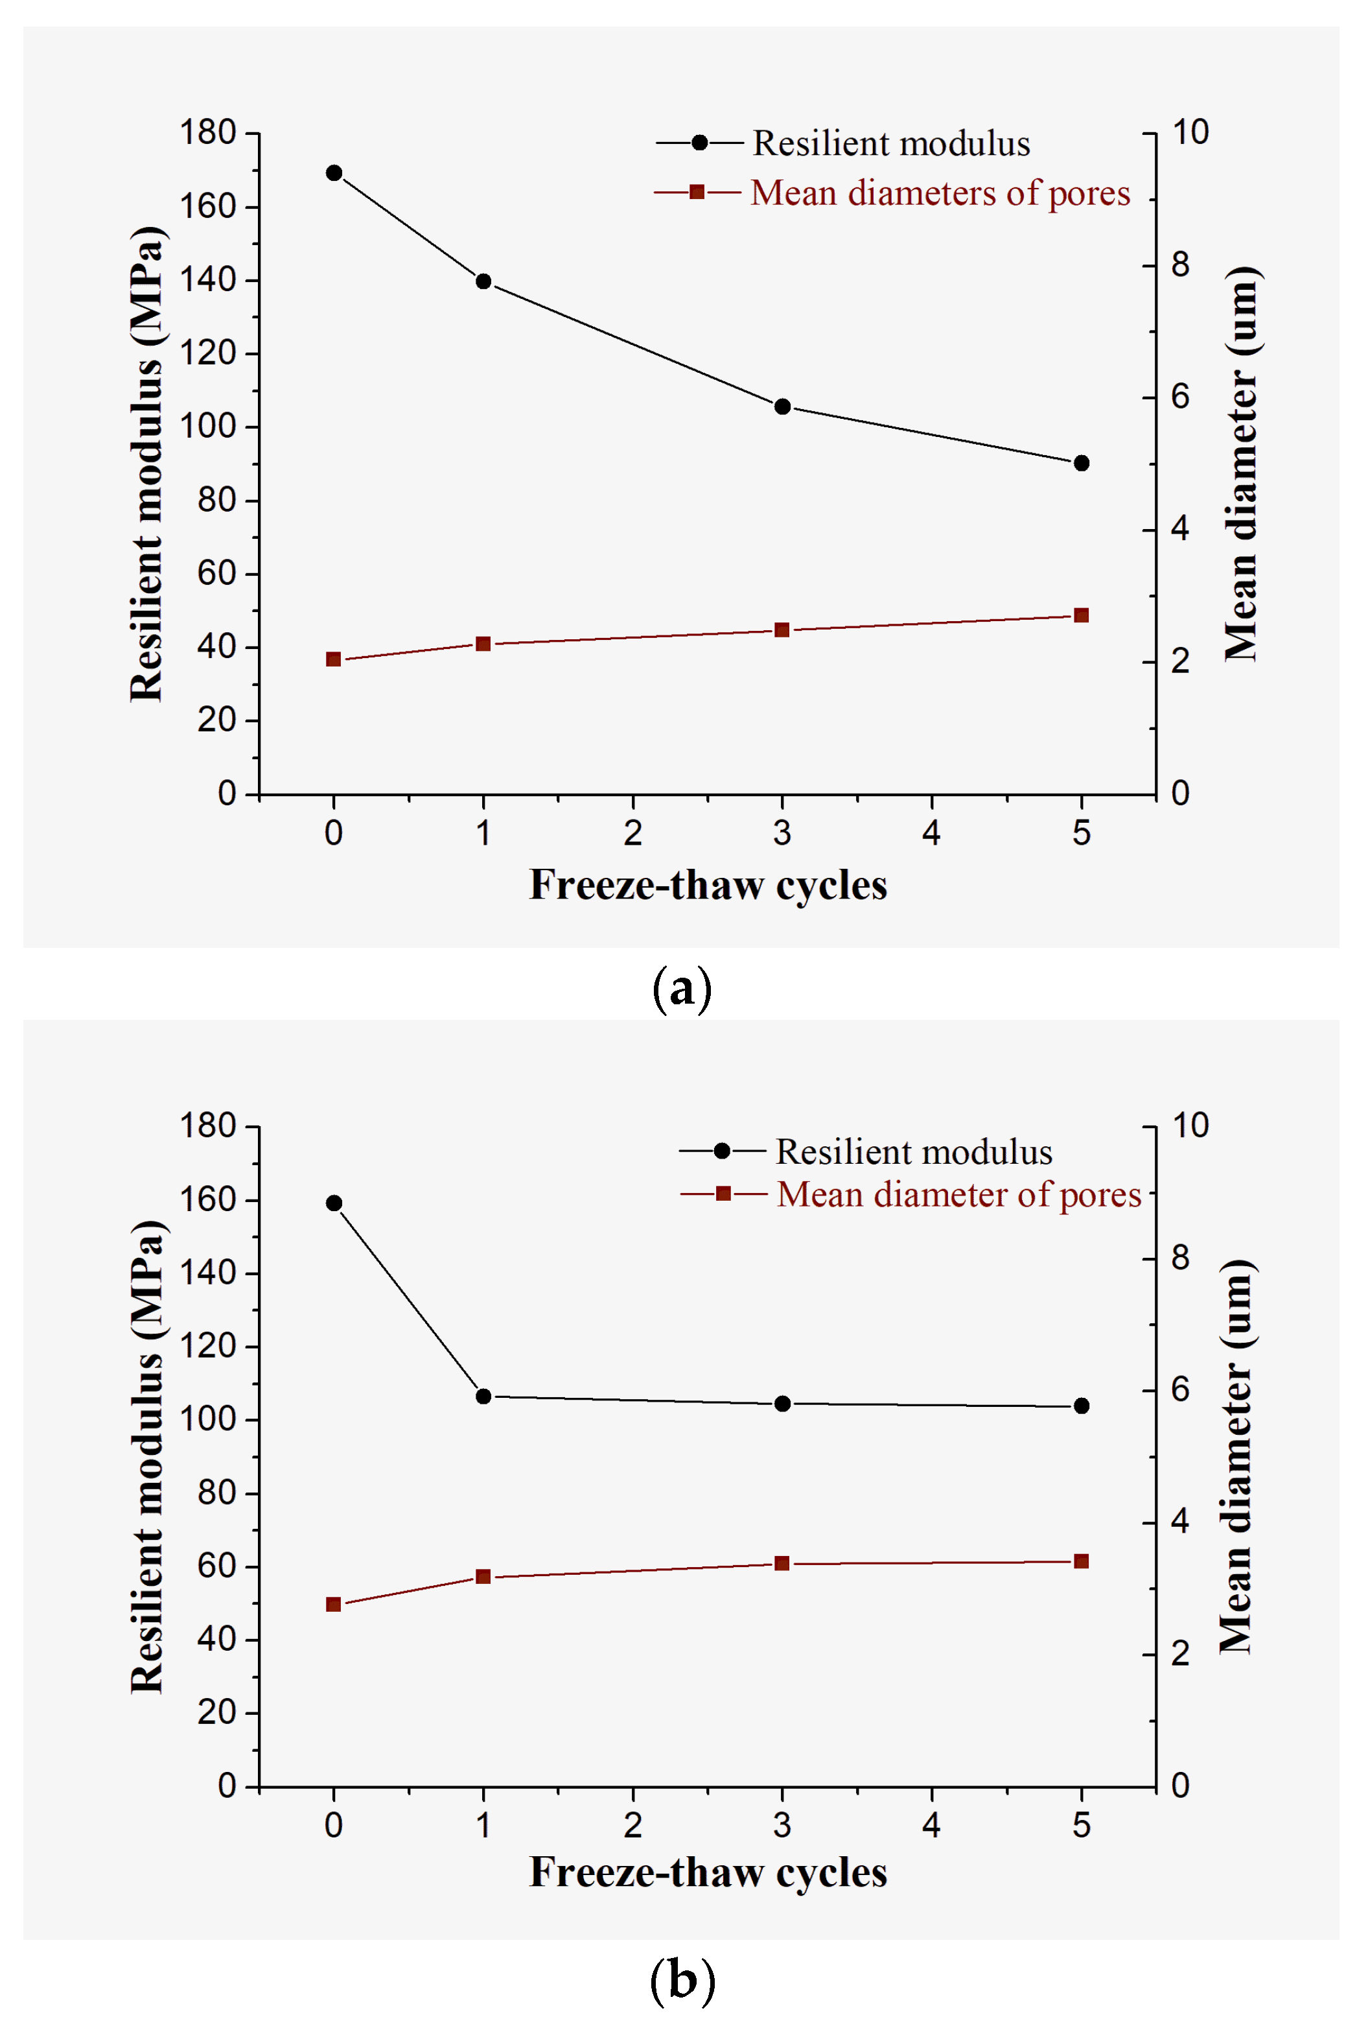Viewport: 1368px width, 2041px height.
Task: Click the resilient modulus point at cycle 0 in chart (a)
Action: pyautogui.click(x=333, y=172)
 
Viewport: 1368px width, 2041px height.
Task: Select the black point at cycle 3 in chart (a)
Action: pyautogui.click(x=782, y=407)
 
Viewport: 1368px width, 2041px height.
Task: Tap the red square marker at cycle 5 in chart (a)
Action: pyautogui.click(x=1081, y=615)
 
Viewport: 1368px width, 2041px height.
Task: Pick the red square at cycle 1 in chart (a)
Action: pyautogui.click(x=483, y=644)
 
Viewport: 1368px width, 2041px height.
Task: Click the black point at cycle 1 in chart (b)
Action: pyautogui.click(x=483, y=1396)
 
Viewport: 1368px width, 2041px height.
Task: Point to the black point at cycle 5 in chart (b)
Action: pyautogui.click(x=1081, y=1406)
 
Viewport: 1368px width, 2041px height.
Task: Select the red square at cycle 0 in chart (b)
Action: pyautogui.click(x=333, y=1604)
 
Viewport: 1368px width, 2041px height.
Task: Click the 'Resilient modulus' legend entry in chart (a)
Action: pyautogui.click(x=890, y=143)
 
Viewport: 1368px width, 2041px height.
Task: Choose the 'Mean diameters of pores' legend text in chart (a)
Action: pyautogui.click(x=940, y=193)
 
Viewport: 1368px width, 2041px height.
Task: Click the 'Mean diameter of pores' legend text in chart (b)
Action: pyautogui.click(x=958, y=1194)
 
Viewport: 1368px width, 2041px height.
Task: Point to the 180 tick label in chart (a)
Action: pyautogui.click(x=207, y=133)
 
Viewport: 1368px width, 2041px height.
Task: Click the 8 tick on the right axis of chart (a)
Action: pyautogui.click(x=1179, y=265)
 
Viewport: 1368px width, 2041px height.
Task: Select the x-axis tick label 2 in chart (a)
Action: pyautogui.click(x=632, y=832)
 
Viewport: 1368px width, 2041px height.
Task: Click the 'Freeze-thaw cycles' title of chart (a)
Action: pyautogui.click(x=708, y=885)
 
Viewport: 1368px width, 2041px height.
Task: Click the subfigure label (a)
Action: pyautogui.click(x=682, y=989)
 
